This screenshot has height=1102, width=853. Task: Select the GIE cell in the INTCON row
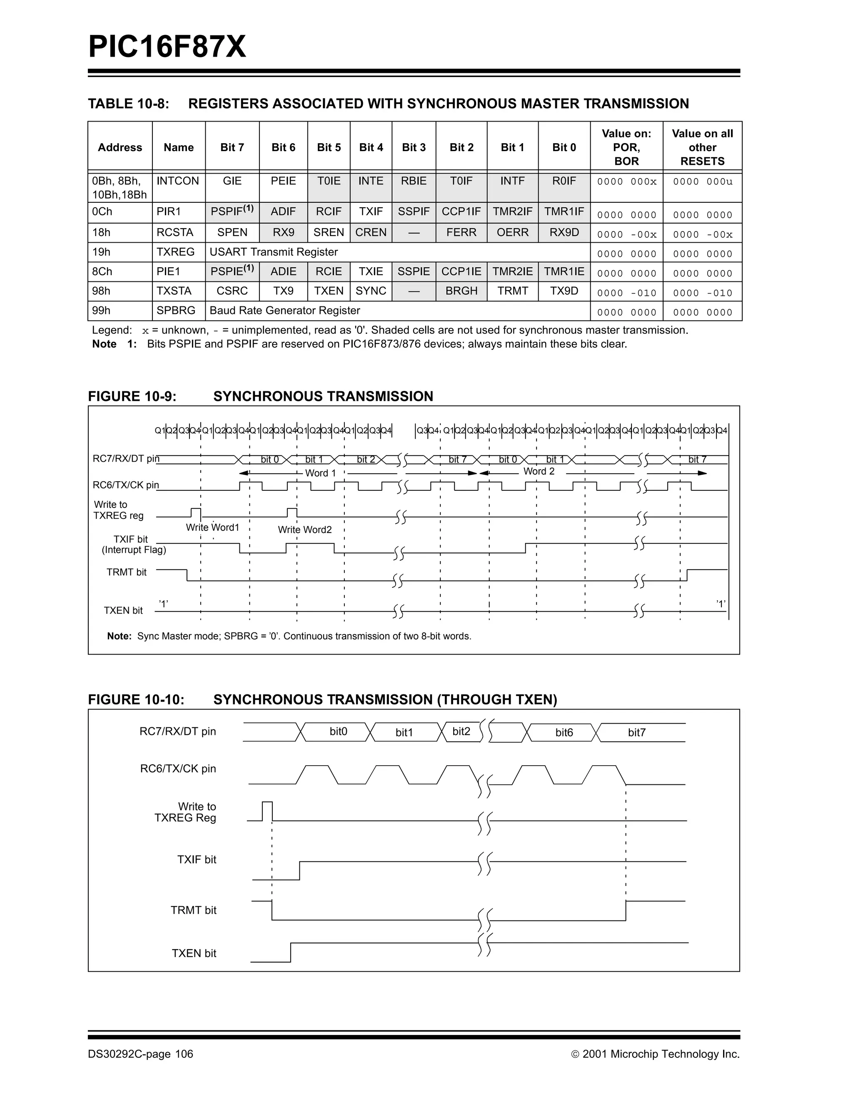232,181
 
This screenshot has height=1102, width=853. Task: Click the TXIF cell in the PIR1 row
371,212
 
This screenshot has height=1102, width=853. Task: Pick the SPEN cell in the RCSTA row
232,233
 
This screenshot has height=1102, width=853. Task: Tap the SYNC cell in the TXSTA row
371,291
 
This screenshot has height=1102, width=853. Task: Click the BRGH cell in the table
461,291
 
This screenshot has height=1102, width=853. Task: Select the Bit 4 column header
371,147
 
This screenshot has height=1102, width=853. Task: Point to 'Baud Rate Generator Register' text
284,311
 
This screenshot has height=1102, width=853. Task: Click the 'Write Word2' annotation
305,530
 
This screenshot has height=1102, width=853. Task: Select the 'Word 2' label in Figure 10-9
539,472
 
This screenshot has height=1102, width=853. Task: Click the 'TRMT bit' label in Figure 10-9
127,572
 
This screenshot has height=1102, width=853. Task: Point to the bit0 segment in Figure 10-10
338,731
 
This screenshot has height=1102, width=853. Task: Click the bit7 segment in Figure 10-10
636,733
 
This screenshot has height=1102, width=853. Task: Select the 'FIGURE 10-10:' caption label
136,700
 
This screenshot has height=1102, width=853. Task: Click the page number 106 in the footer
184,1054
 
